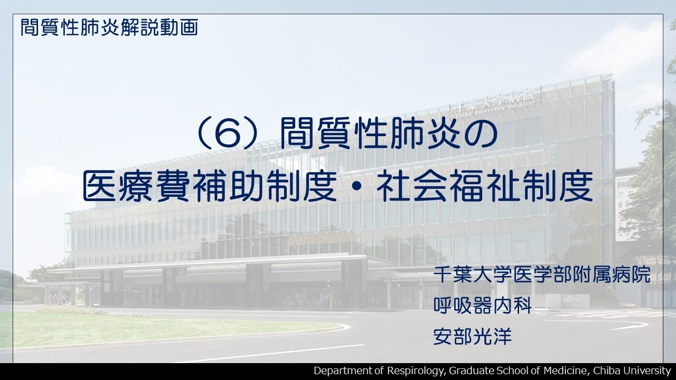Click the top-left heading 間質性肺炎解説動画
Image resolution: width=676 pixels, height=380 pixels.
[109, 27]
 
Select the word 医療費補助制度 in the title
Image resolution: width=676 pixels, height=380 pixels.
[209, 188]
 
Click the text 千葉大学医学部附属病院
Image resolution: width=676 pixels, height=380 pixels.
[541, 275]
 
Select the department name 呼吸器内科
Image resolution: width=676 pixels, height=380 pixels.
[482, 306]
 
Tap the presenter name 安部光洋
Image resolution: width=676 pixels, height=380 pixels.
[473, 337]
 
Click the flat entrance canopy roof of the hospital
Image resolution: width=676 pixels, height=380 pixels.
[211, 262]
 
